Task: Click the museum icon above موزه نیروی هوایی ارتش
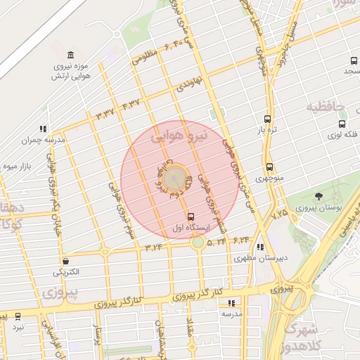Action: click(70, 56)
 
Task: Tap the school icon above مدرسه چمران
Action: click(43, 129)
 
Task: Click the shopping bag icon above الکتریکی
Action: click(65, 261)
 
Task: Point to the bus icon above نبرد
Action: click(18, 316)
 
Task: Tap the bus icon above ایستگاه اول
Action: click(191, 217)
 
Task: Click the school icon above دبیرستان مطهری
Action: click(261, 247)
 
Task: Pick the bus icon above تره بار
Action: click(266, 119)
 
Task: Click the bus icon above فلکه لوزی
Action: click(342, 124)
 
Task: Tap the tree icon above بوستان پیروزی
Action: click(319, 196)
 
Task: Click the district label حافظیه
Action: click(326, 108)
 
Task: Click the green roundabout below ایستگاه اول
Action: click(198, 243)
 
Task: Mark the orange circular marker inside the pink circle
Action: click(177, 179)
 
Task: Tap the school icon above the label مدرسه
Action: click(231, 304)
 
